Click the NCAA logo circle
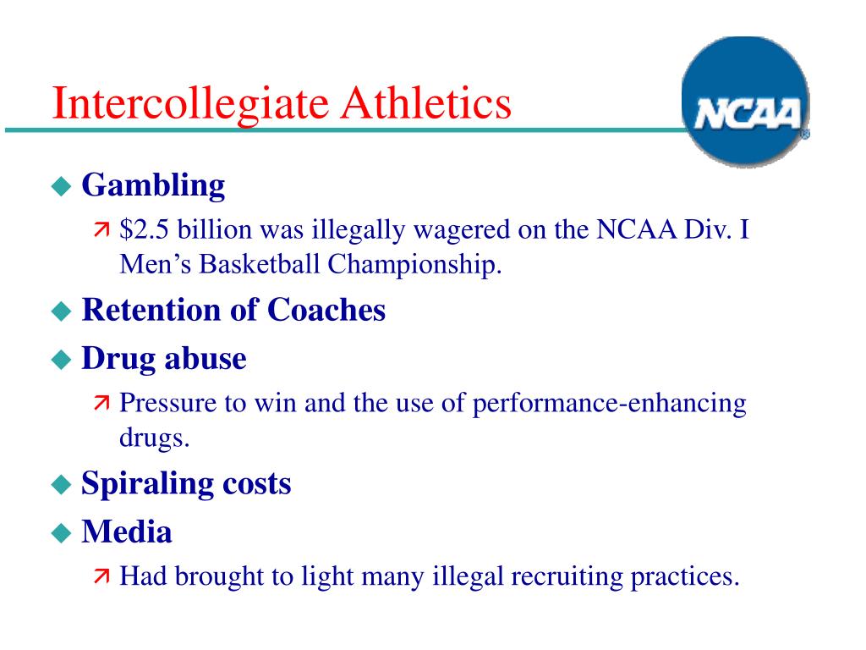point(746,102)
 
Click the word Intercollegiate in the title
point(190,104)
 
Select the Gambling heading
point(154,185)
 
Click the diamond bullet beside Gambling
point(61,186)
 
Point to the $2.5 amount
point(144,229)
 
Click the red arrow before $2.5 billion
point(101,229)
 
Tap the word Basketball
point(260,264)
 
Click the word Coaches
point(326,310)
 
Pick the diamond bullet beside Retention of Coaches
point(61,311)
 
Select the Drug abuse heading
point(164,359)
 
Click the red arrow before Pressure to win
point(101,403)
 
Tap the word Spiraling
point(147,484)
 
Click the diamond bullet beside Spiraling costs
point(61,485)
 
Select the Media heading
point(127,532)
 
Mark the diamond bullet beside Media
point(61,533)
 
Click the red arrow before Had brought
point(101,576)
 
